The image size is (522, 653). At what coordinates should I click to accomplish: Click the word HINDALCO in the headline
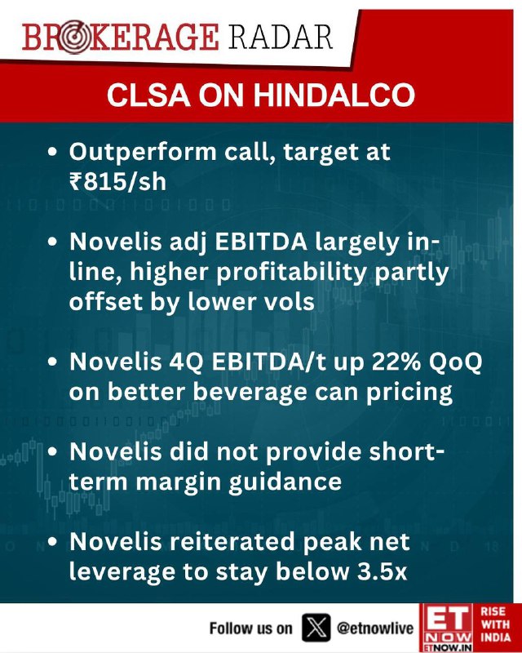pos(334,96)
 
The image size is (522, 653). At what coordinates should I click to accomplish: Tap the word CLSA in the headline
pos(148,96)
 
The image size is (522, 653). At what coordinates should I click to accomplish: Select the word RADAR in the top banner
pos(280,38)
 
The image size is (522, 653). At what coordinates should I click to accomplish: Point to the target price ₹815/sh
pos(117,182)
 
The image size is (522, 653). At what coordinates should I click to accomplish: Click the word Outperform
pos(143,153)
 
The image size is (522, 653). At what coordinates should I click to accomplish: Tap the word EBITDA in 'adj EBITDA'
pos(260,242)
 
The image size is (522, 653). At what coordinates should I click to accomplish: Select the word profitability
pos(291,273)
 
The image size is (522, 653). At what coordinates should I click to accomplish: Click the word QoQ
pos(455,362)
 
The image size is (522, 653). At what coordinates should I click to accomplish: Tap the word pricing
pos(409,393)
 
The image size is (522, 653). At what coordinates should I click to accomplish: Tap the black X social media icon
pos(316,627)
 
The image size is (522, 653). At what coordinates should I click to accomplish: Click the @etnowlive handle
pos(375,628)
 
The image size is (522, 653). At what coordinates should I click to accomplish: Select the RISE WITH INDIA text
pos(495,624)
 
